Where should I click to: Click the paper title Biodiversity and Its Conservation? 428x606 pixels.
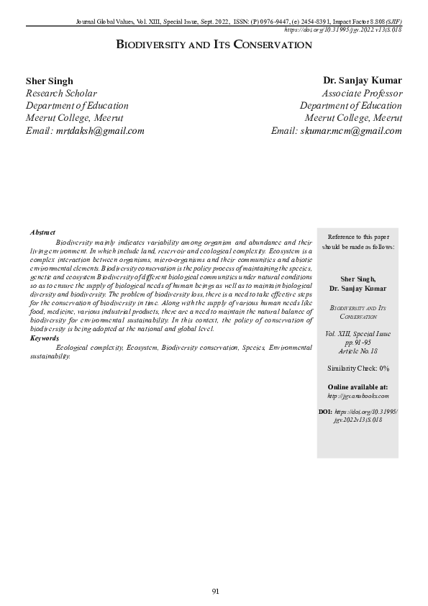pos(214,45)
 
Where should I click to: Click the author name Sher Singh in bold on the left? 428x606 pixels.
pos(49,81)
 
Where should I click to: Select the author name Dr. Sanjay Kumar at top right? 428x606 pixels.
pos(363,81)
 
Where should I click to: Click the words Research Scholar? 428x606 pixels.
pos(61,93)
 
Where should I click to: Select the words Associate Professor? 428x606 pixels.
pos(363,93)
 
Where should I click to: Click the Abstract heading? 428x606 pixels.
pos(43,232)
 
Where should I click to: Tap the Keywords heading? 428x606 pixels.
pos(45,338)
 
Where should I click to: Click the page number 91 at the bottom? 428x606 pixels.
pos(214,591)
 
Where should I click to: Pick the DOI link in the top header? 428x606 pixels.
pos(343,30)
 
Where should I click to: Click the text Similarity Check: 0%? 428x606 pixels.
pos(358,368)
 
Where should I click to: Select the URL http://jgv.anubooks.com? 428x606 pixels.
pos(358,396)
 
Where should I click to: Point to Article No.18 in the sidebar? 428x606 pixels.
pos(358,351)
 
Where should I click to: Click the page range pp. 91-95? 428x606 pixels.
pos(358,343)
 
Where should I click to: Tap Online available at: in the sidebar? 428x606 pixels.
pos(358,387)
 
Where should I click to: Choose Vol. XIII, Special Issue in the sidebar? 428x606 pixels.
pos(358,335)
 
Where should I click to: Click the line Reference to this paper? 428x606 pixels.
pos(358,237)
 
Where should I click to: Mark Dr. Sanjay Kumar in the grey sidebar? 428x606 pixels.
pos(358,288)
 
